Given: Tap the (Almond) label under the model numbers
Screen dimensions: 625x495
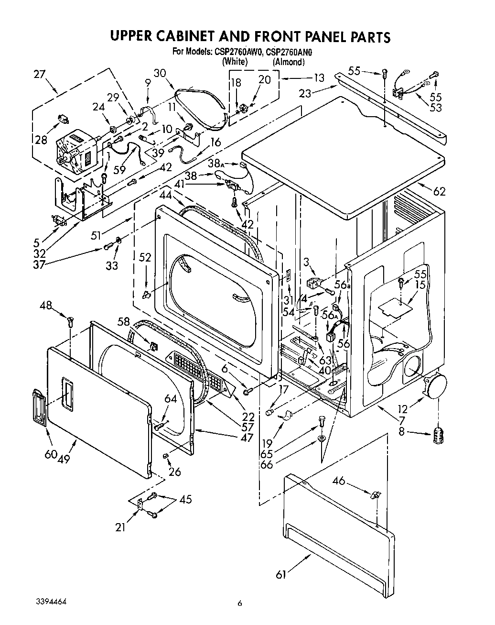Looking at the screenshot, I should (289, 62).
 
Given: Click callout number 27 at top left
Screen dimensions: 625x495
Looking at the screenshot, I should (40, 74).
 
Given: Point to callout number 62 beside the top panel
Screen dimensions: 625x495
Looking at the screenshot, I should (439, 191).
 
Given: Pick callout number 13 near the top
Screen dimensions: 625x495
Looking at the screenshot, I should (318, 78).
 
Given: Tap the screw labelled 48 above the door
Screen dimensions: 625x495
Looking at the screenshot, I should (71, 322).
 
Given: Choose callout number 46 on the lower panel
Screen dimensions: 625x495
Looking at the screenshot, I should (339, 481).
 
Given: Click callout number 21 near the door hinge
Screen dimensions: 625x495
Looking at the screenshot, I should (120, 527).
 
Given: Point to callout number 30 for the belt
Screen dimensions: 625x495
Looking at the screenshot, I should (160, 73).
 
